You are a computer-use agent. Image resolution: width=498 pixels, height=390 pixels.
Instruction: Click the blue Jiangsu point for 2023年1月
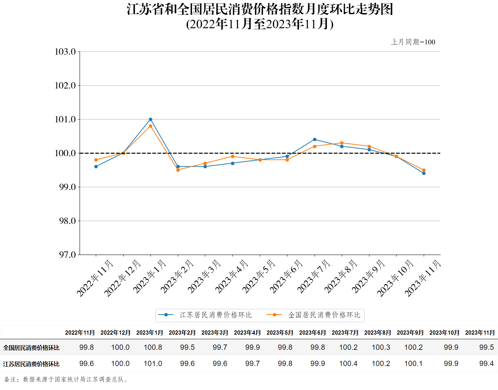[150, 120]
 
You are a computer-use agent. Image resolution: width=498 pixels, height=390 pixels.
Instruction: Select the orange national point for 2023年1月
[150, 126]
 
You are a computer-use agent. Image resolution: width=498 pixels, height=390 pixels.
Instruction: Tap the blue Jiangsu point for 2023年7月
[315, 140]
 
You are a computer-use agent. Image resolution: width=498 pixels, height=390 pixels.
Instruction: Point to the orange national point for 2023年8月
[342, 143]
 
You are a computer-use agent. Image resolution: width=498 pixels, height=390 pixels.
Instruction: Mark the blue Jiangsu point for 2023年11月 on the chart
[424, 173]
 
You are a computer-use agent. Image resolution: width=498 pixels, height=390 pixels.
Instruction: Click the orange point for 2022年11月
[96, 160]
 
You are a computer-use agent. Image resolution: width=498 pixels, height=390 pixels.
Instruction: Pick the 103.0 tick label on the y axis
[66, 52]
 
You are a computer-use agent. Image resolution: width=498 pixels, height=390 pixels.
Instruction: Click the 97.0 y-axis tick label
[67, 255]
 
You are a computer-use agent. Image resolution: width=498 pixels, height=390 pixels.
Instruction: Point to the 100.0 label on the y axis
[66, 153]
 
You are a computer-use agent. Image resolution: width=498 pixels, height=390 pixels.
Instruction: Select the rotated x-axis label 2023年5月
[259, 276]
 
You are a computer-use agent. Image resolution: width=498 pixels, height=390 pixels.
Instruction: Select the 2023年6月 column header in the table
[312, 333]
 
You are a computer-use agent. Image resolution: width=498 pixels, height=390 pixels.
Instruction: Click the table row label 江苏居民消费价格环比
[31, 364]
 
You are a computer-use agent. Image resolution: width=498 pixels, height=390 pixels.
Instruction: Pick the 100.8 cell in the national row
[153, 347]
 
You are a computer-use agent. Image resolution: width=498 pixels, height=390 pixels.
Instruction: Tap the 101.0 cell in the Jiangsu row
[153, 364]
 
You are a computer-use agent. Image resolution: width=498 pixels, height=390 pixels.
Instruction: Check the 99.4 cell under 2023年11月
[486, 364]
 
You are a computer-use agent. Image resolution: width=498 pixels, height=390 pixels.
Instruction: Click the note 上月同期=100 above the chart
[413, 42]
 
